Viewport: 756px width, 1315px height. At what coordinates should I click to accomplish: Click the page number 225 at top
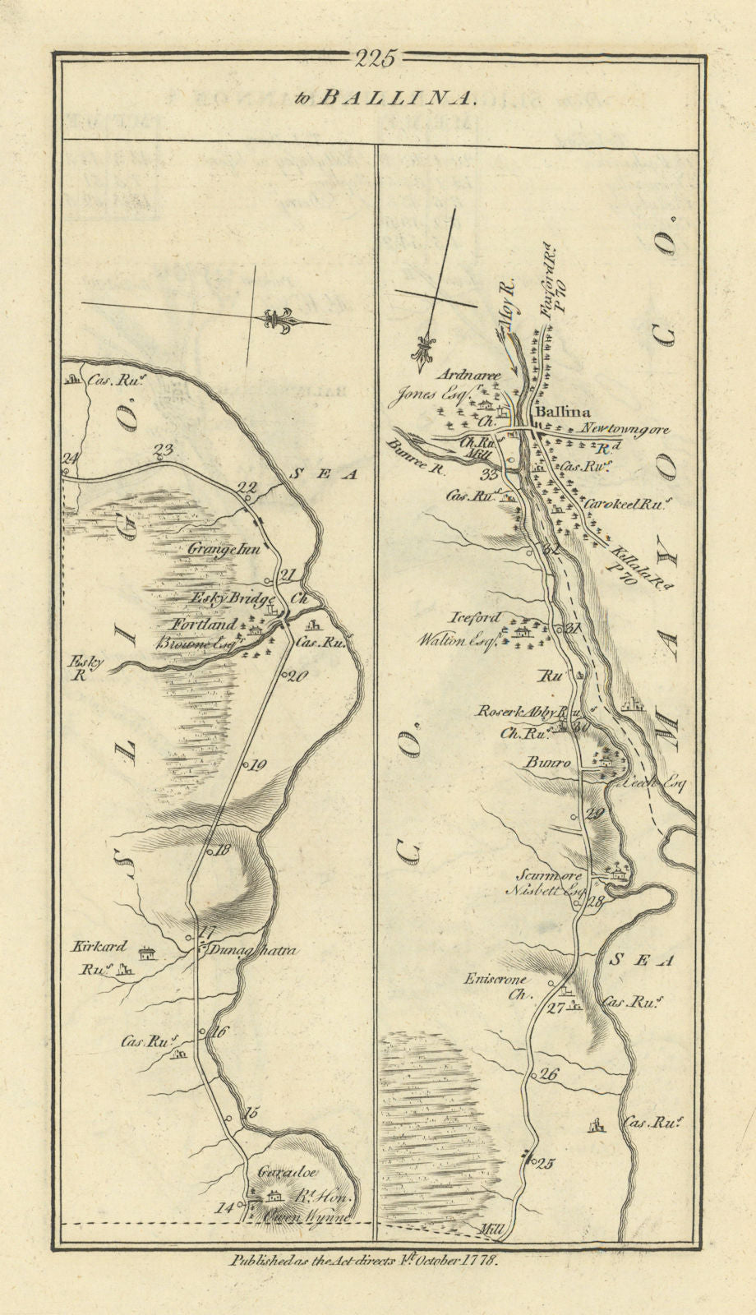[376, 58]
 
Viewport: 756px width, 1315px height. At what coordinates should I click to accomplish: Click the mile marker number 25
[546, 1162]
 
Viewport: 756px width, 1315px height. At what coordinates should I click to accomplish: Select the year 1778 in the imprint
[477, 1259]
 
